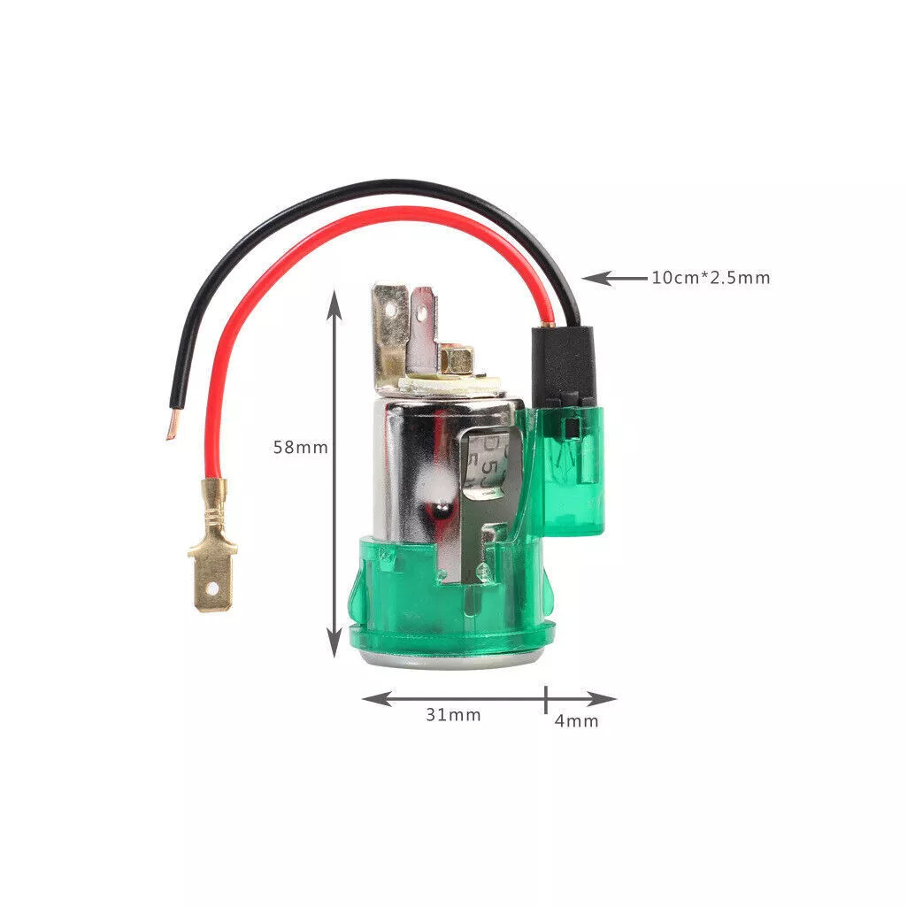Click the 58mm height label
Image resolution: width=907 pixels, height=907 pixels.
pos(300,447)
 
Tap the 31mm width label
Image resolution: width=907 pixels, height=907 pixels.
pos(453,715)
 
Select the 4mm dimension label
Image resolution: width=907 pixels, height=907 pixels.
pos(576,721)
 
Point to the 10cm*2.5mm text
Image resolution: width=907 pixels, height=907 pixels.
pos(711,278)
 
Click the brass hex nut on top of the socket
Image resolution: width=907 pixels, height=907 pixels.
pos(457,360)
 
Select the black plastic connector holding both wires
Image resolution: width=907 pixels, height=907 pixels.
pos(563,365)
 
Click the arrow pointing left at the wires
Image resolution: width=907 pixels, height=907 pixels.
pos(614,278)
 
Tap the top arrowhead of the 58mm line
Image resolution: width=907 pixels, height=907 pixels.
pos(334,304)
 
